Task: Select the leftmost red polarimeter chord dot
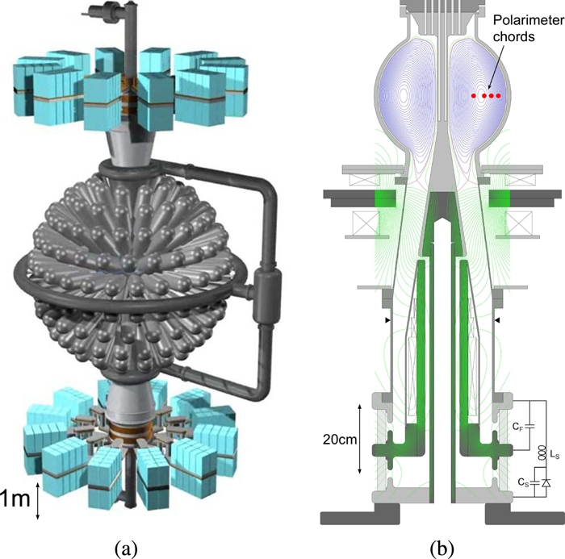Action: coord(475,96)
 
